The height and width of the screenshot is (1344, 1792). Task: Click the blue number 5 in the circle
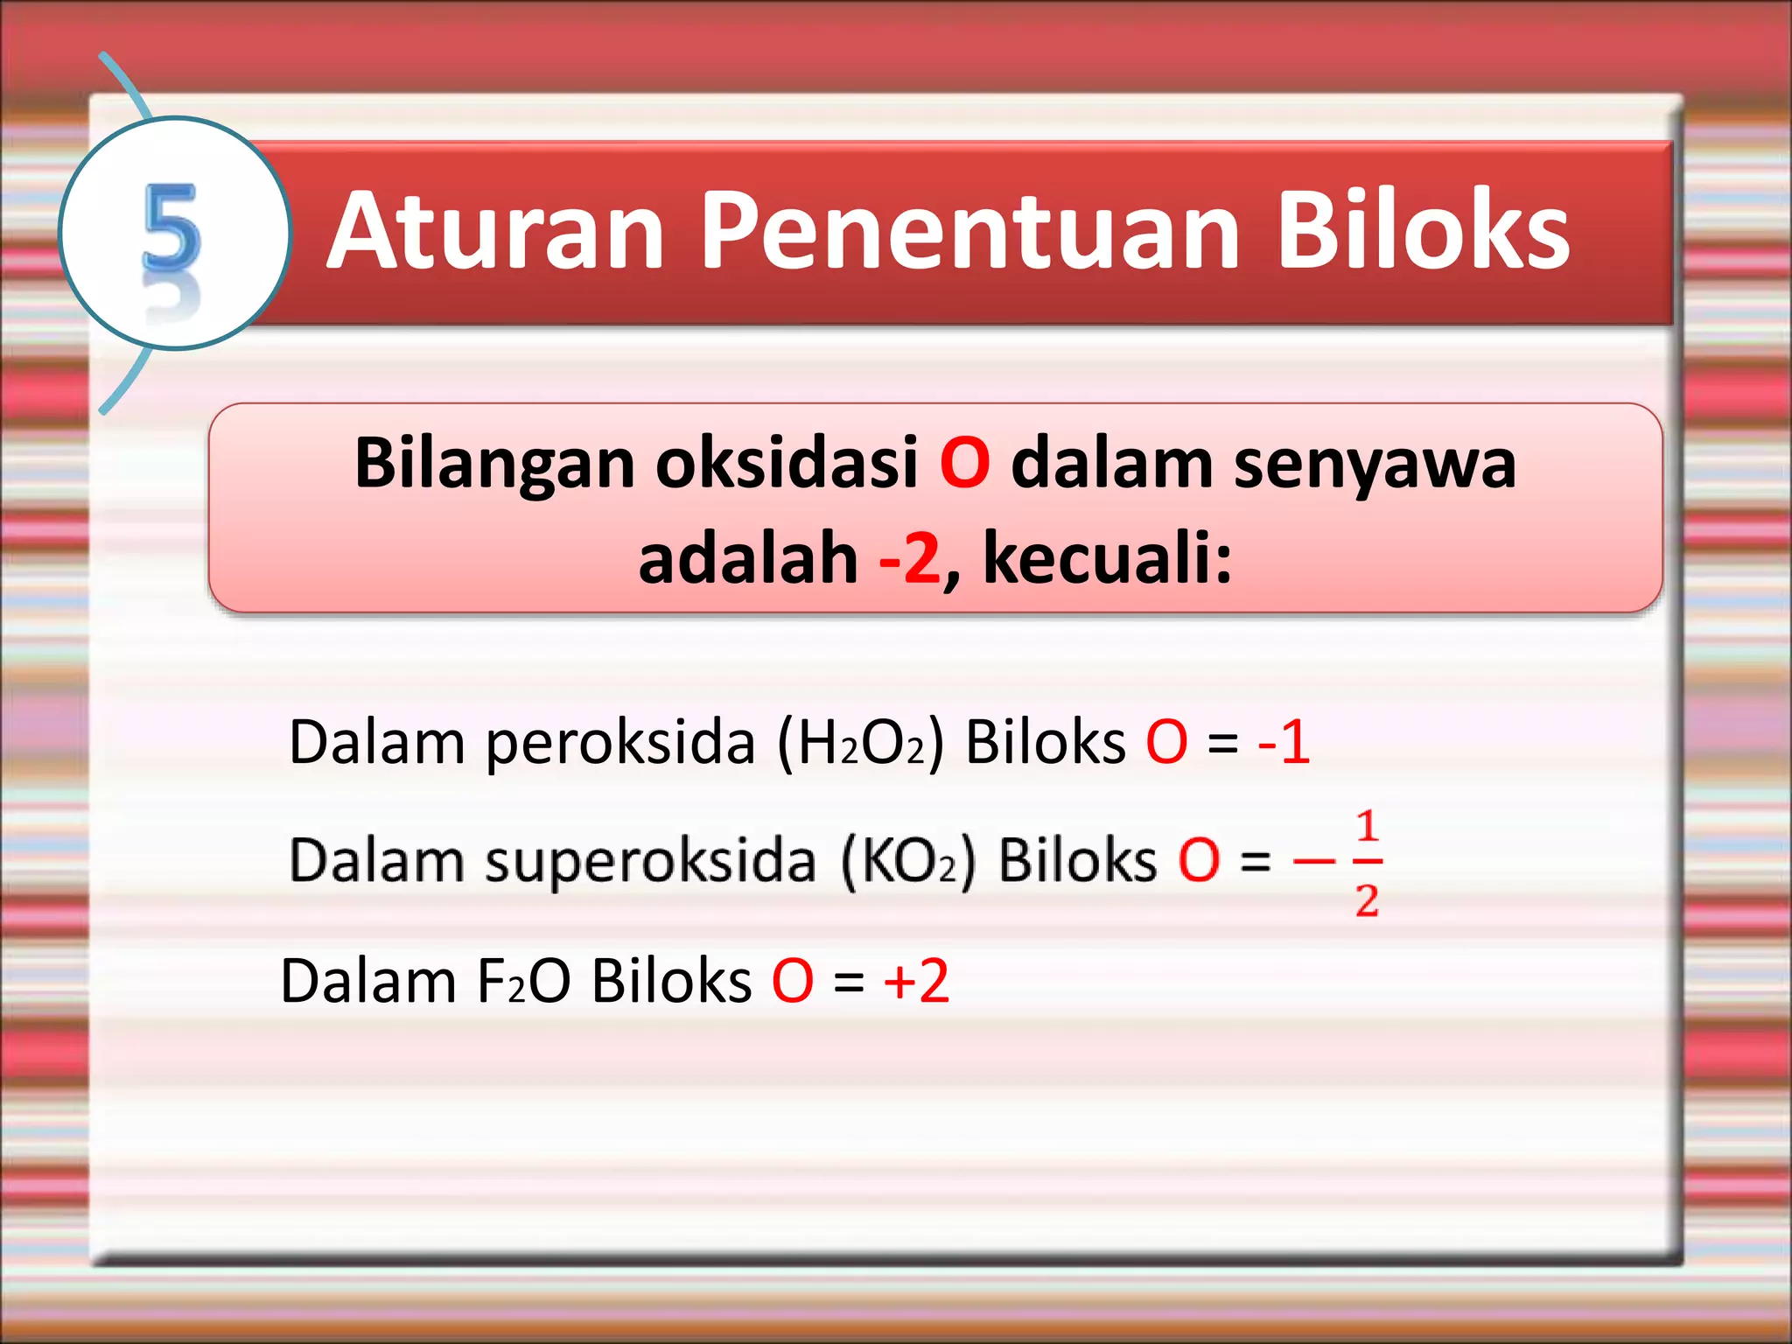171,229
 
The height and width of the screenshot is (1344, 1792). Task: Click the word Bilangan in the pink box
494,464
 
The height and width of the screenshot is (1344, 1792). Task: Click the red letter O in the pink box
964,463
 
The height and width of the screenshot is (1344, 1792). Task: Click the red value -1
1284,742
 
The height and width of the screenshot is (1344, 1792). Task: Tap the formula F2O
523,981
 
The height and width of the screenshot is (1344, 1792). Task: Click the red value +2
916,981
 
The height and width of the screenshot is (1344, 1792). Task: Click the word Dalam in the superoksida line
376,860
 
